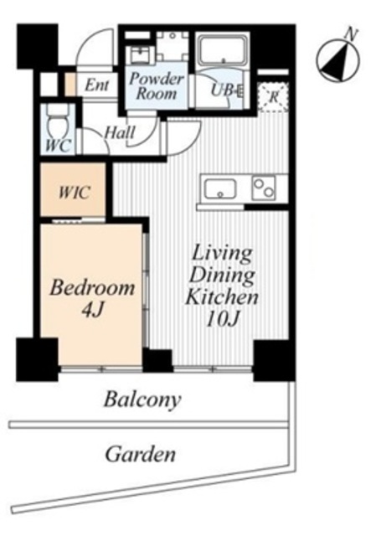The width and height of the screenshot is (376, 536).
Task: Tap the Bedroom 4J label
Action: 92,297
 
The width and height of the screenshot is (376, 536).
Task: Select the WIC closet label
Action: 75,192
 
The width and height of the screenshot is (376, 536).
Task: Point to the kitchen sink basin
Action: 220,188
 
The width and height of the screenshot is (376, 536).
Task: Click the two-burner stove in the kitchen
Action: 264,188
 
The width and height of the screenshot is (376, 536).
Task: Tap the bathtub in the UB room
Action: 224,50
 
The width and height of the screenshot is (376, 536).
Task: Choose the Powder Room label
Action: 157,85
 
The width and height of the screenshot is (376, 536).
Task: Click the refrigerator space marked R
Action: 273,97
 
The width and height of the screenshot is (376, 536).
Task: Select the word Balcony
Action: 142,399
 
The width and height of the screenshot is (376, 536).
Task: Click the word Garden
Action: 141,454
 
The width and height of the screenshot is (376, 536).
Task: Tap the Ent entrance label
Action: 97,85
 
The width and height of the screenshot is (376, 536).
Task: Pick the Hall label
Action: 120,132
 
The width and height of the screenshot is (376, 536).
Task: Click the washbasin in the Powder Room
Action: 140,54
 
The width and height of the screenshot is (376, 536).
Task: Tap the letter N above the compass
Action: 351,33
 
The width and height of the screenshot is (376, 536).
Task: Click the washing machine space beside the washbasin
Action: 173,46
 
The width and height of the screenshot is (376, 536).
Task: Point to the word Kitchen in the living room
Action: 222,297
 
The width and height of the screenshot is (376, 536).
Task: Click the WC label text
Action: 58,146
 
